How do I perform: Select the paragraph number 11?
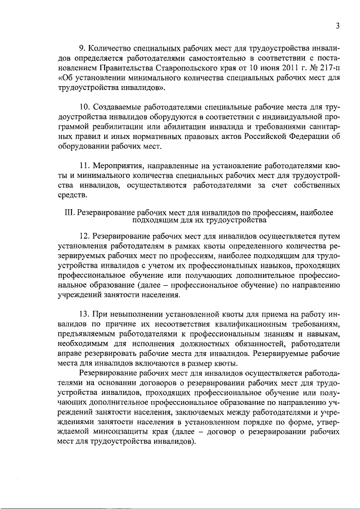point(84,166)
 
